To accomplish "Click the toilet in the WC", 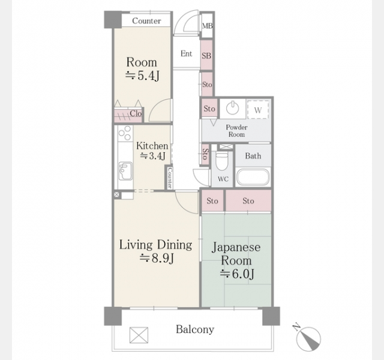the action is [221, 161].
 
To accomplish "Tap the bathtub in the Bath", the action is [253, 177].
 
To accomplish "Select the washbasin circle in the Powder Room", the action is [232, 107].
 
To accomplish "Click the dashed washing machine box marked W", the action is [258, 109].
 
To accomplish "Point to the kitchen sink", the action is [125, 170].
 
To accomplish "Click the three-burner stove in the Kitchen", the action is [125, 133].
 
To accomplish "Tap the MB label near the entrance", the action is [208, 26].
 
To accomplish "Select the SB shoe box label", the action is [206, 56].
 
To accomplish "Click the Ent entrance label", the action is [186, 53].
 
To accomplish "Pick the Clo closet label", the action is [136, 113].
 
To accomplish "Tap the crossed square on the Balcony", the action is [139, 335].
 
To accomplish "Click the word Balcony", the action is [195, 329].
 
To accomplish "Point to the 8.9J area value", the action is [157, 258].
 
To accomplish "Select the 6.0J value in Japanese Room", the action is [237, 274].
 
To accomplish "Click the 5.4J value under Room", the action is [142, 76].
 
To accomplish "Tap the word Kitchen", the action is [152, 146].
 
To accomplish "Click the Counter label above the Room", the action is [146, 21].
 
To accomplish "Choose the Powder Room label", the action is [236, 131].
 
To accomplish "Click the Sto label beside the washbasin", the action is [209, 109].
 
